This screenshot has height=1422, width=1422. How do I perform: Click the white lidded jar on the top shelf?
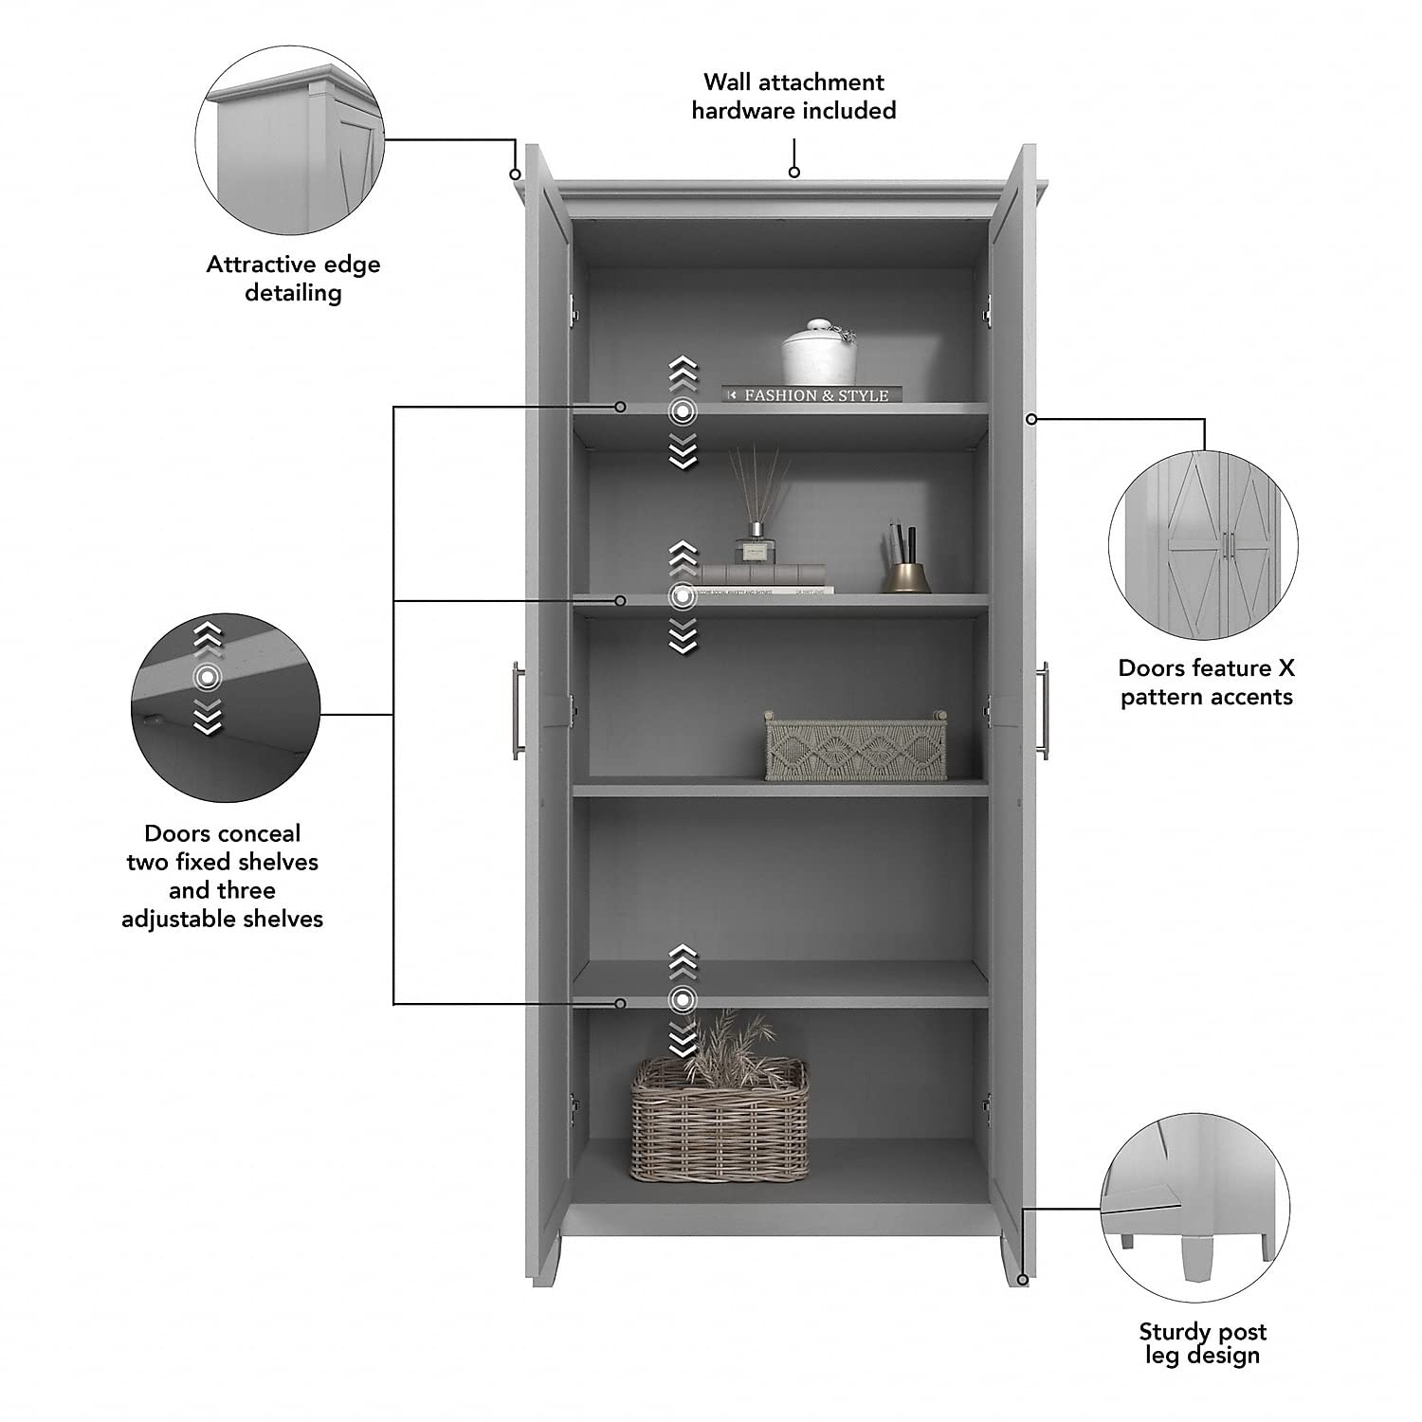819,354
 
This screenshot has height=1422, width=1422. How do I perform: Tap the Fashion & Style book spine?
812,394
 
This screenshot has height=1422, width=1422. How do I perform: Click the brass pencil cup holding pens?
907,574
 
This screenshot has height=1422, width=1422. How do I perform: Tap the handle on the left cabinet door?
519,710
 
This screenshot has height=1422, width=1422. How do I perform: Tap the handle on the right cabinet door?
1043,710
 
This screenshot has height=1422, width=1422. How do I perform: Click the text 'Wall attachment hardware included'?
793,97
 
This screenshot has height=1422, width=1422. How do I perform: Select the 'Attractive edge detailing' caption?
293,279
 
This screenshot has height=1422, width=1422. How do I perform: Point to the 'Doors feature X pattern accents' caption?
1206,683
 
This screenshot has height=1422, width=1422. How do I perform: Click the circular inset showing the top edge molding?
289,139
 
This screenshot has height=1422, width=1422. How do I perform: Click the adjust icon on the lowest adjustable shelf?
683,999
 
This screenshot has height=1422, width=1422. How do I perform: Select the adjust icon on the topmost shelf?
683,411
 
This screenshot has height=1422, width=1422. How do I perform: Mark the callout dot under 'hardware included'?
794,172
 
